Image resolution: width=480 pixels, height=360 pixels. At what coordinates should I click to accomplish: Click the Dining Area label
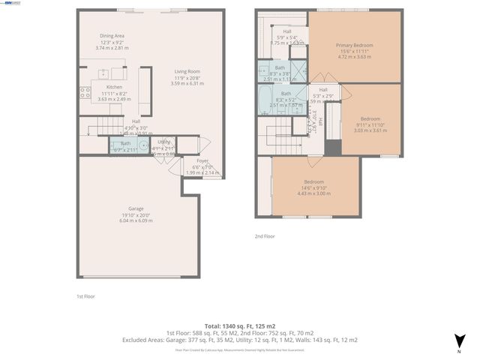pos(113,35)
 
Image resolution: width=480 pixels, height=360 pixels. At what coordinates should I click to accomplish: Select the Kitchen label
pos(114,87)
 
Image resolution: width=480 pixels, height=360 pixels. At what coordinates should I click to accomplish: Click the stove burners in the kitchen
pos(85,93)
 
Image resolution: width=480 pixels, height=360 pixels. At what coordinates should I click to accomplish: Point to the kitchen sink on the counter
pos(103,74)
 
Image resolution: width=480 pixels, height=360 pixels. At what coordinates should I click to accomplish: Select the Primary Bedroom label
pos(355,45)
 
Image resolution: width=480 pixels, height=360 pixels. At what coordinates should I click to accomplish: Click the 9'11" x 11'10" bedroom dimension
pos(370,124)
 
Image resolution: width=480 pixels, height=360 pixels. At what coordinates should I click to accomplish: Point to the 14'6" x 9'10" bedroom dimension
pos(313,188)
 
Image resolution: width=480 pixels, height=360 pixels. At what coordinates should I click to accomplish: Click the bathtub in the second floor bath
pos(266,97)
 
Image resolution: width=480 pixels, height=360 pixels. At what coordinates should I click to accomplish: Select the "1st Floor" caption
pos(85,296)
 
